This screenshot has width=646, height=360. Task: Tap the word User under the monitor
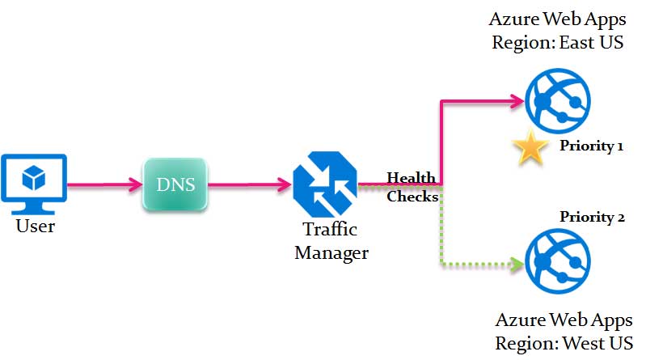point(36,226)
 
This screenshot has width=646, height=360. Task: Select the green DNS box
point(175,184)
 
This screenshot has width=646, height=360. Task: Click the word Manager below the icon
point(331,252)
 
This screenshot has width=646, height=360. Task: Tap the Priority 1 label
point(592,147)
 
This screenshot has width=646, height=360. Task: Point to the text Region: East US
point(558,42)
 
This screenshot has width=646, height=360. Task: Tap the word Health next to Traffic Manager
point(411,178)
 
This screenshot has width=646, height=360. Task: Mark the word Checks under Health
point(412,196)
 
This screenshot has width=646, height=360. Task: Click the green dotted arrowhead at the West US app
point(516,264)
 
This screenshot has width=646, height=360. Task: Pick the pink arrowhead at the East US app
point(516,101)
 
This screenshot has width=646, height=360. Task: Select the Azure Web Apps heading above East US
point(558,19)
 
